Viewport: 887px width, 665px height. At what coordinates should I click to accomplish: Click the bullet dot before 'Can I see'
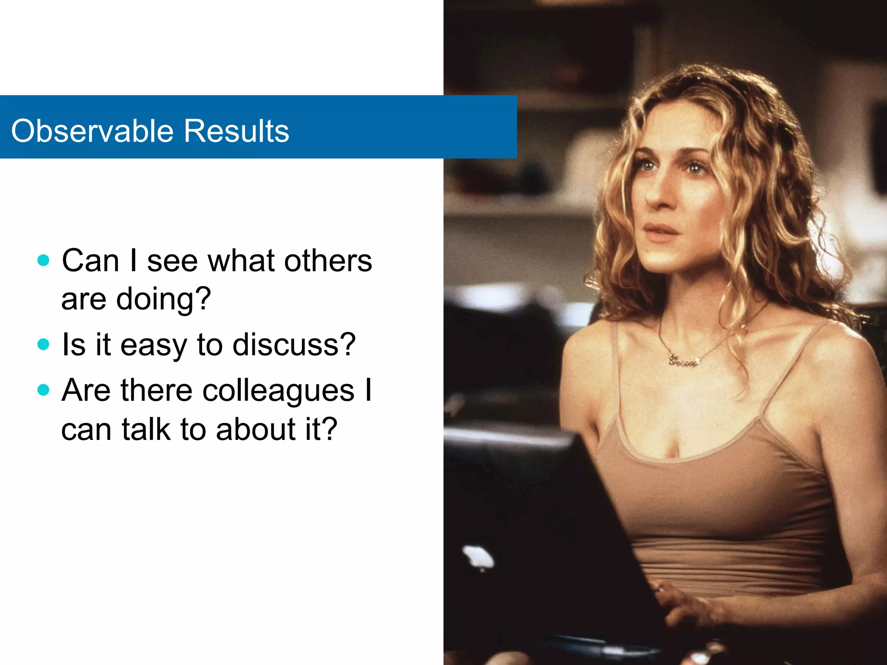[x=43, y=260]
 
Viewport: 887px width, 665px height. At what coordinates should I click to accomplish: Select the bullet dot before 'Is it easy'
[x=43, y=344]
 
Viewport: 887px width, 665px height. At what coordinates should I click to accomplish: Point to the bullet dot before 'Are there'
[x=43, y=390]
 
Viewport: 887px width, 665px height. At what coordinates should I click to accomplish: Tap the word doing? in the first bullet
[x=163, y=300]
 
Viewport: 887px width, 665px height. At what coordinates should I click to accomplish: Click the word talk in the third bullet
[x=146, y=429]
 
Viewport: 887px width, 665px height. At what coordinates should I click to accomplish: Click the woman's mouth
[x=661, y=229]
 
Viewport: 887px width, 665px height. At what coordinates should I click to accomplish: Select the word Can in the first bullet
[x=91, y=261]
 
